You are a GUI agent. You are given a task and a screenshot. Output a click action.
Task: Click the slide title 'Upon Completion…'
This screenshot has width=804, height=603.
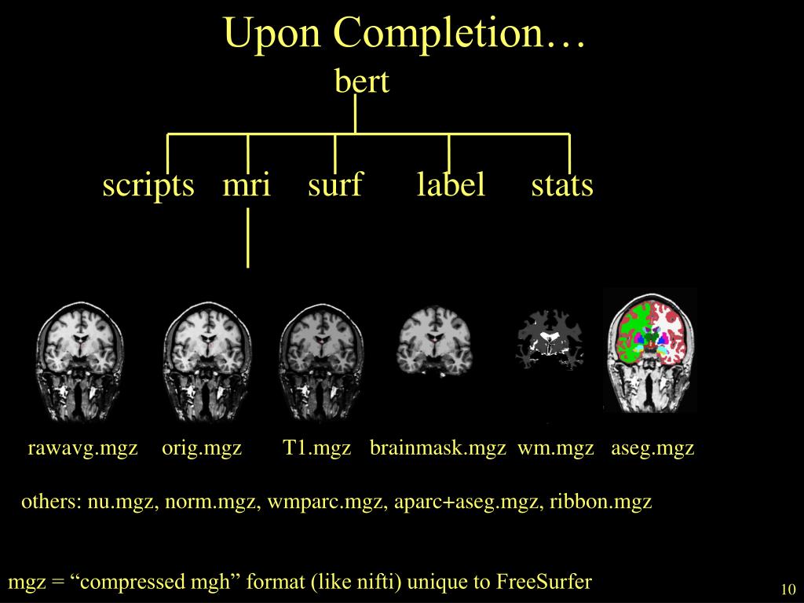click(404, 34)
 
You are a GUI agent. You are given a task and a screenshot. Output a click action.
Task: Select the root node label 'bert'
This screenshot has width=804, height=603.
click(362, 82)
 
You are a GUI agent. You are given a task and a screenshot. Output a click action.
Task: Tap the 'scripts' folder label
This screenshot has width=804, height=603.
click(148, 185)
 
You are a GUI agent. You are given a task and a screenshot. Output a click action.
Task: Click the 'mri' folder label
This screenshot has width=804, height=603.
click(247, 185)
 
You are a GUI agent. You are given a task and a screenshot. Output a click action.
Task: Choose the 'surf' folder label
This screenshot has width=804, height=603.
click(335, 185)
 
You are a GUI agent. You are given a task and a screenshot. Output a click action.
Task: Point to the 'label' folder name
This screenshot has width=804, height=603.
click(451, 185)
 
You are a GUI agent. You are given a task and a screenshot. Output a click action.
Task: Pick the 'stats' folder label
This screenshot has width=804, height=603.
click(562, 185)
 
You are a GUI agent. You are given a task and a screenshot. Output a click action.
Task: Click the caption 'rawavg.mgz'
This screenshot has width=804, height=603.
click(83, 448)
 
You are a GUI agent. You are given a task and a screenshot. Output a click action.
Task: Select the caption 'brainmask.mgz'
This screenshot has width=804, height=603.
click(438, 448)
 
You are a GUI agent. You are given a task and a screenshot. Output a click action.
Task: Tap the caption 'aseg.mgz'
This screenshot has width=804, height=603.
click(652, 448)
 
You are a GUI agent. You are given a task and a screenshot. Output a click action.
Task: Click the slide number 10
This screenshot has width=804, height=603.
click(788, 590)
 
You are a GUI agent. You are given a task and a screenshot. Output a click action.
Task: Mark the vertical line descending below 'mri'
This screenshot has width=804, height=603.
click(248, 237)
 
